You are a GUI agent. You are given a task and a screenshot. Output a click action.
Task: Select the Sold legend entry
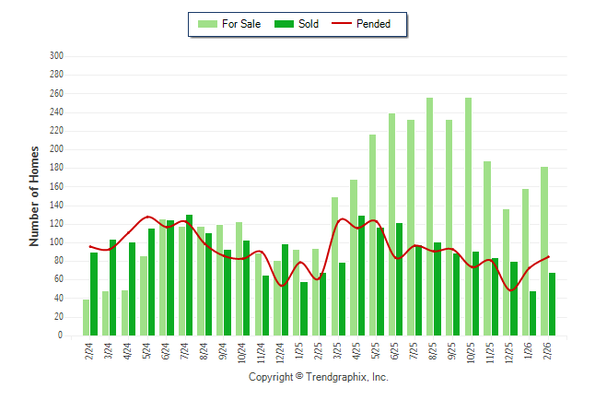point(298,24)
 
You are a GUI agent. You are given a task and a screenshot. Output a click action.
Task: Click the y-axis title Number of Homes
point(35,195)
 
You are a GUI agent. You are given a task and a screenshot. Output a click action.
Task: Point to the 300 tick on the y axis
point(56,56)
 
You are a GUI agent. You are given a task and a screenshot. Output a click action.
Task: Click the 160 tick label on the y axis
point(56,187)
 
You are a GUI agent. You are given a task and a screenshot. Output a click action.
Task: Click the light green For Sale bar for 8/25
point(429,217)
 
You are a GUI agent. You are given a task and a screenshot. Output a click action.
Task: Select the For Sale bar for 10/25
point(468,217)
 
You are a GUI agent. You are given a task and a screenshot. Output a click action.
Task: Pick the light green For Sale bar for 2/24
point(86,317)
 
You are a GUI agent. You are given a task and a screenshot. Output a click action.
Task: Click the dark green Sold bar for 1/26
point(532,313)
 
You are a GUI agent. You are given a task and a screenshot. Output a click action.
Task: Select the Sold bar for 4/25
point(361,276)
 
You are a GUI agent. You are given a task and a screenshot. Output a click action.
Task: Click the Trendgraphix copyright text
point(319,377)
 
